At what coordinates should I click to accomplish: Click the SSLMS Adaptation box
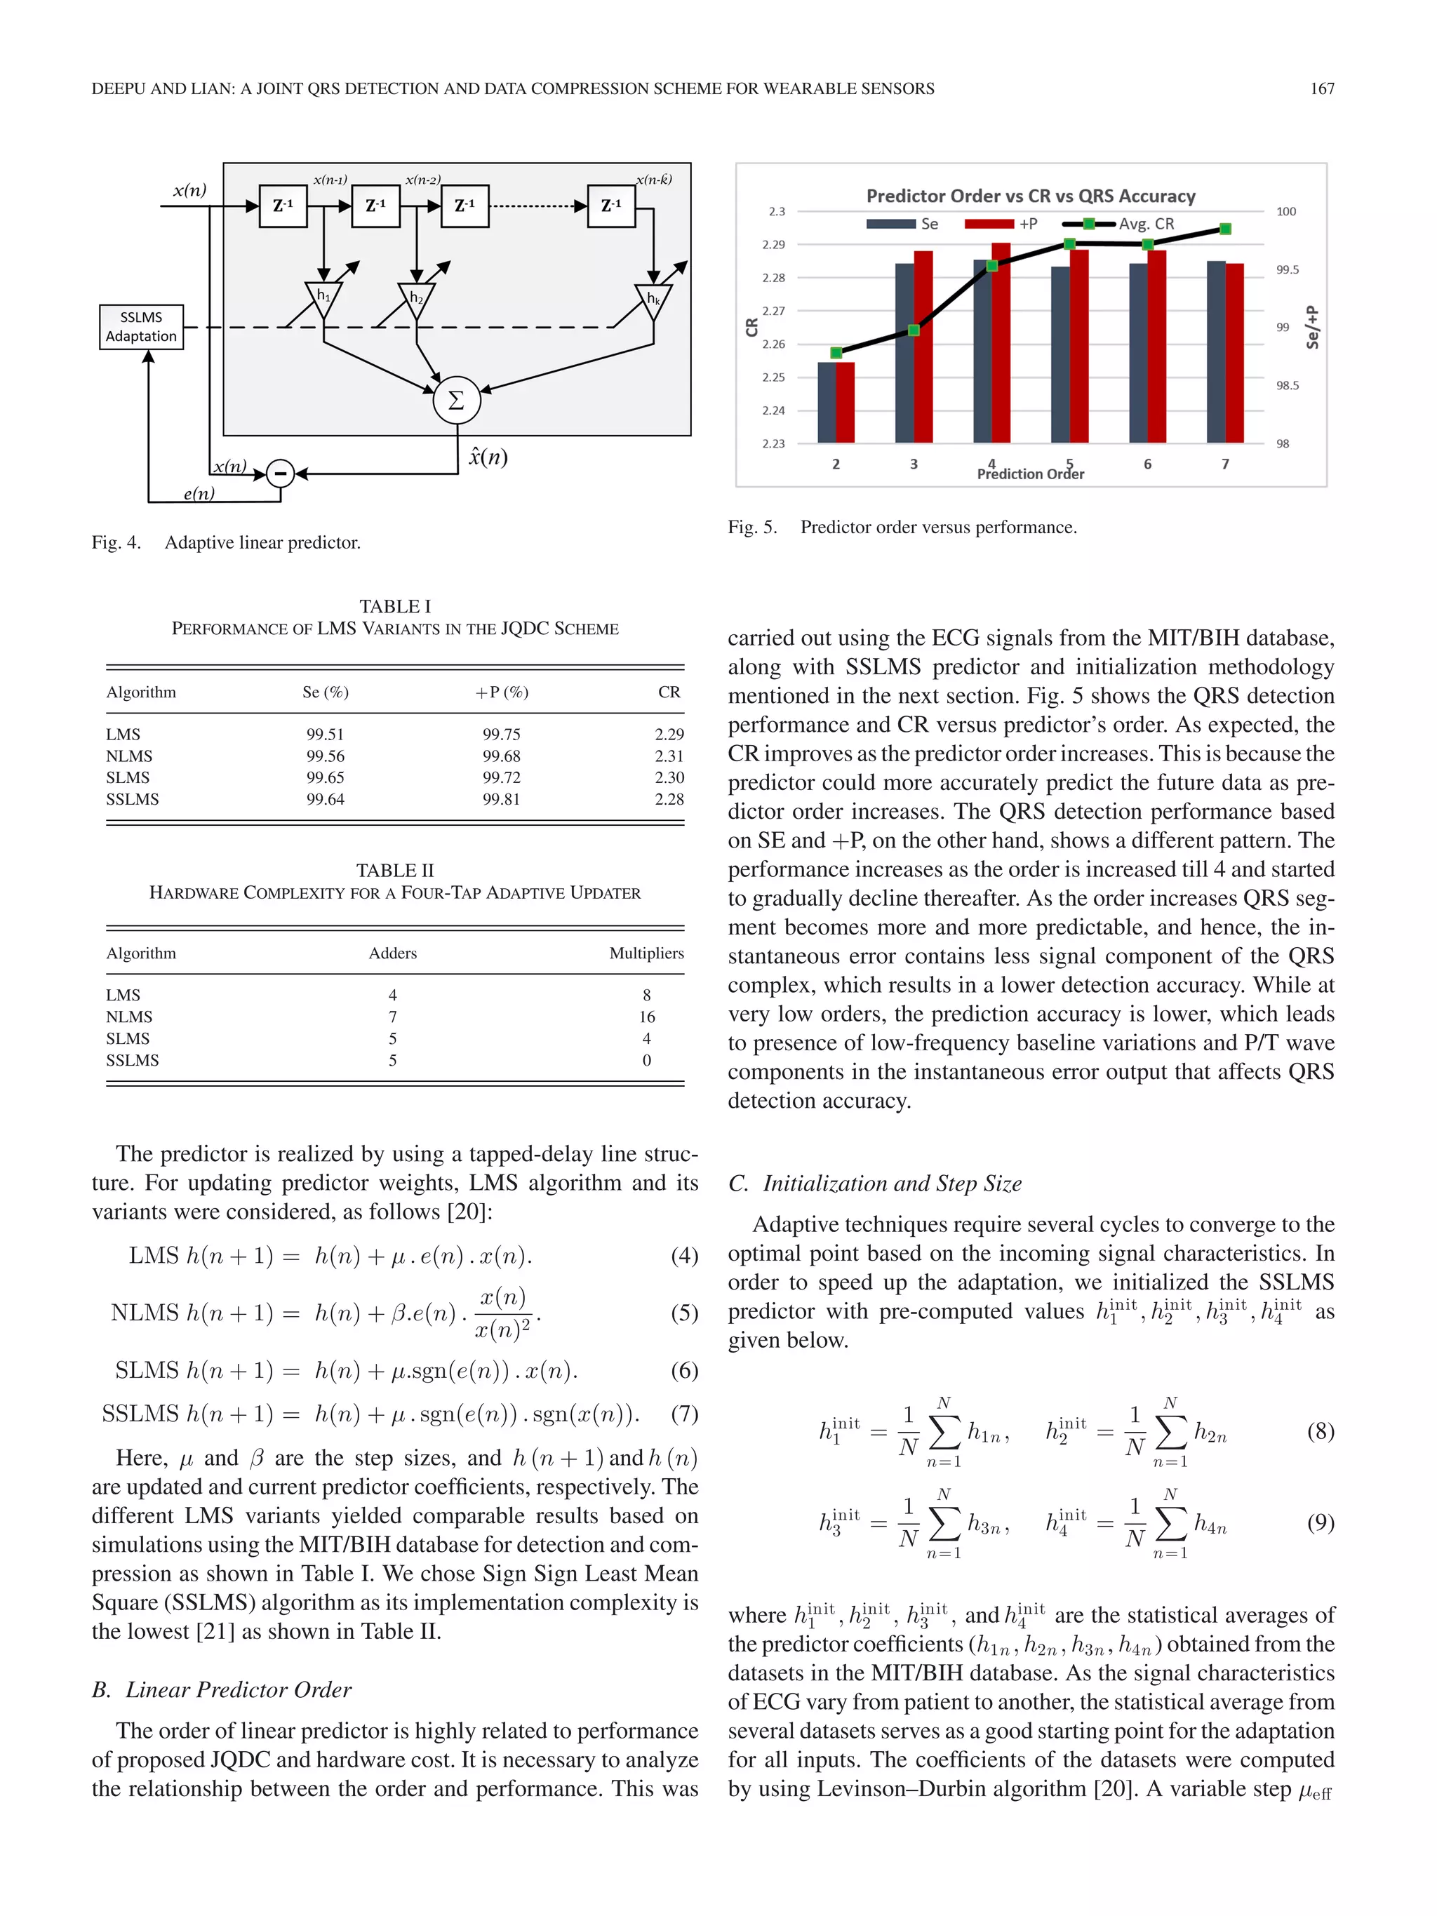141,326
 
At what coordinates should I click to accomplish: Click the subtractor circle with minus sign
280,473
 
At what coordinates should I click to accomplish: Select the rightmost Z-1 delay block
610,206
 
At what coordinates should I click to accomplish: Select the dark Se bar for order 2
827,402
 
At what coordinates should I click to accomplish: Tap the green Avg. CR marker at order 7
1225,229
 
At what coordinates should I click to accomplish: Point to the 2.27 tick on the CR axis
773,310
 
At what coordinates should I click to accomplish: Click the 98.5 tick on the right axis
1287,385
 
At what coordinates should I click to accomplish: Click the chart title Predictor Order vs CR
1030,196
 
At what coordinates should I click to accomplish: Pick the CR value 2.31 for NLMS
669,756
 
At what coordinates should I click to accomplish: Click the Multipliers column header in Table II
646,953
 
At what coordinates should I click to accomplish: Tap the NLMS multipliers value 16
646,1017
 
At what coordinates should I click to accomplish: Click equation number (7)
684,1414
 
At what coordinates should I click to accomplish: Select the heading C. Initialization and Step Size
875,1184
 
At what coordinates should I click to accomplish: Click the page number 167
1321,88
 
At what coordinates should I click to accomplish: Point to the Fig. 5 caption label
752,527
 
